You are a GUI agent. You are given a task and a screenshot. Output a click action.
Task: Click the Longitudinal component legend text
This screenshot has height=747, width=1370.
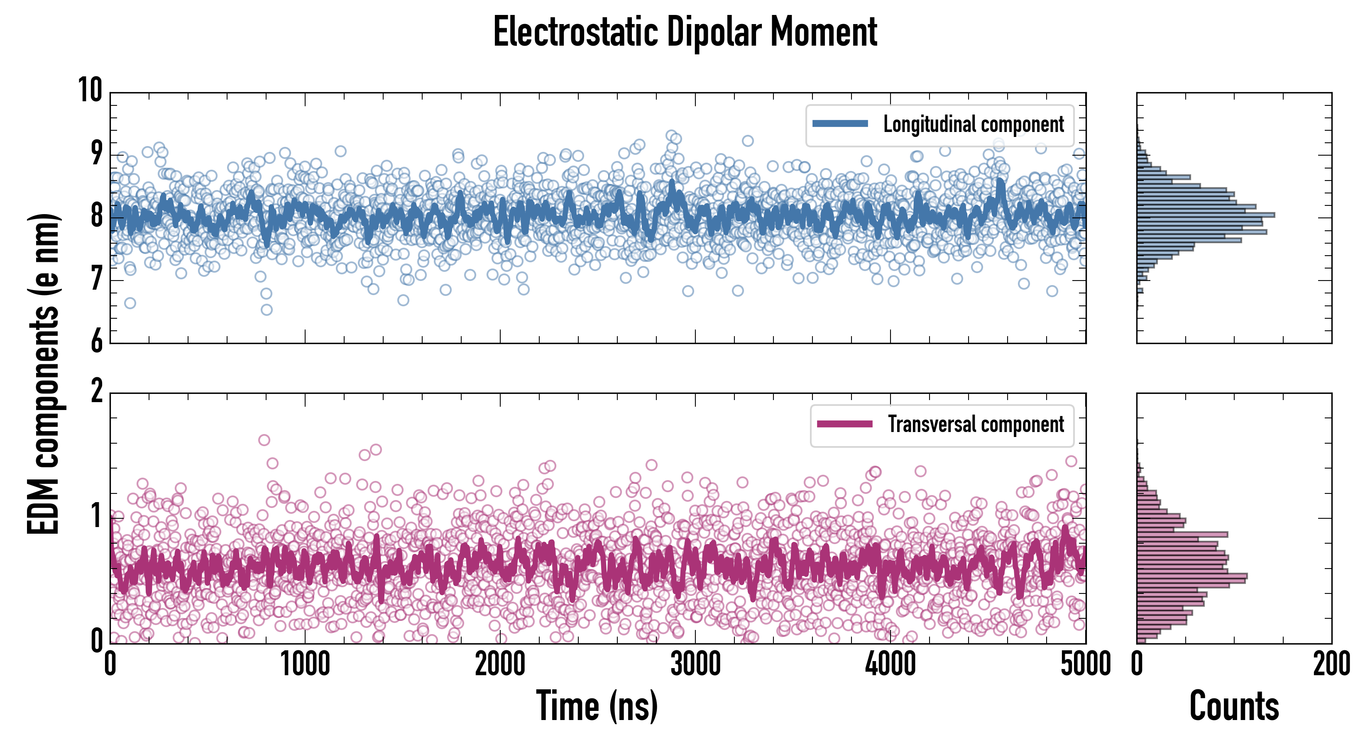(973, 124)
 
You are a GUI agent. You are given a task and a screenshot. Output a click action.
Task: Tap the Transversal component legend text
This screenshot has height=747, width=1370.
(976, 424)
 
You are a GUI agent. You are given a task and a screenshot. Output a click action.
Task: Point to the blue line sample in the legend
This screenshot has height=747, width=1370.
(840, 124)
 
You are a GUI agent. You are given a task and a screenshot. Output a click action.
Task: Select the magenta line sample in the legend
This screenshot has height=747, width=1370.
(844, 424)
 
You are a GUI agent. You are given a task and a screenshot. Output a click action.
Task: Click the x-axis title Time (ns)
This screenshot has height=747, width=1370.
(597, 706)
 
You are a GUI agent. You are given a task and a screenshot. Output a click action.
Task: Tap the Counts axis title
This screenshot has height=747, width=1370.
(1234, 706)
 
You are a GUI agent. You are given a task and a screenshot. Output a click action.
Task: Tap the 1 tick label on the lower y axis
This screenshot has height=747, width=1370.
(96, 516)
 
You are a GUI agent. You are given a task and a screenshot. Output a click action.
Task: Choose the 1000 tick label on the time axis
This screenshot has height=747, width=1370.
(305, 664)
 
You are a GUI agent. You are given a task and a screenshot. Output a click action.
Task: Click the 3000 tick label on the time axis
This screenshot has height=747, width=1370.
(695, 664)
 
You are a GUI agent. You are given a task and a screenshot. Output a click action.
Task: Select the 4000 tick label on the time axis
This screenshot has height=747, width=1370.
(890, 664)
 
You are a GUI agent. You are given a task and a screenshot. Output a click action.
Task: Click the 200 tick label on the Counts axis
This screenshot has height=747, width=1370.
(1331, 664)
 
